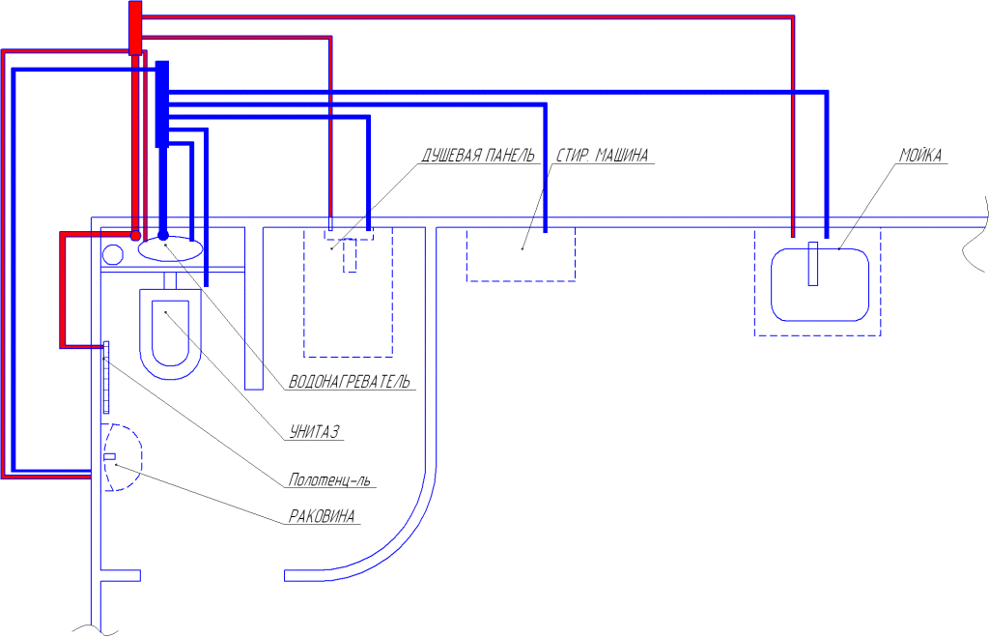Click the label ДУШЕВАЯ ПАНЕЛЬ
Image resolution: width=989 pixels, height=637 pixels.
pos(477,156)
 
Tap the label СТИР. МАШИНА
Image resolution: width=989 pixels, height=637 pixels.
pos(603,156)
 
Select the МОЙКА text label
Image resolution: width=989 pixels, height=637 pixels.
pos(920,156)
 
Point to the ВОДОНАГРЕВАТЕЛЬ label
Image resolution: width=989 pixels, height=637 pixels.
pos(349,381)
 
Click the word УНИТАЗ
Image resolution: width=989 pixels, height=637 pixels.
pos(314,432)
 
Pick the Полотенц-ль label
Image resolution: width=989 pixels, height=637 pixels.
pos(329,480)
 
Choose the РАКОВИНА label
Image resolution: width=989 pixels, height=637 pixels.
pos(322,516)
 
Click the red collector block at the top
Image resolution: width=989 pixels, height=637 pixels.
pos(135,28)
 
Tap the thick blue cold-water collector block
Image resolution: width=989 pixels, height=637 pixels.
pos(162,104)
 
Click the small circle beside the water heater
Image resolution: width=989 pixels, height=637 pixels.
pos(113,254)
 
